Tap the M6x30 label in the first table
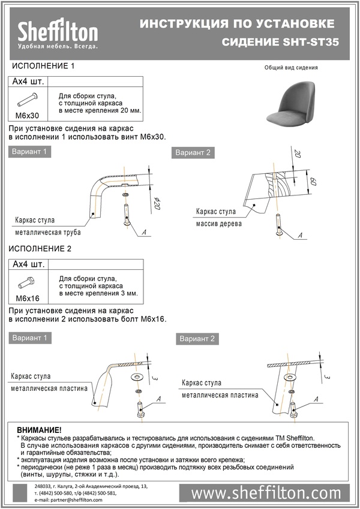pos(27,115)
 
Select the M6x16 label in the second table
pos(27,298)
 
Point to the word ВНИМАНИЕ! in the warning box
pos(39,430)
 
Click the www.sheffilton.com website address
pos(266,493)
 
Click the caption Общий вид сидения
pos(291,68)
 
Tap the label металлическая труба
pos(48,232)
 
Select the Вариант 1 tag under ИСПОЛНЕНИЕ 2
pos(29,338)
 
